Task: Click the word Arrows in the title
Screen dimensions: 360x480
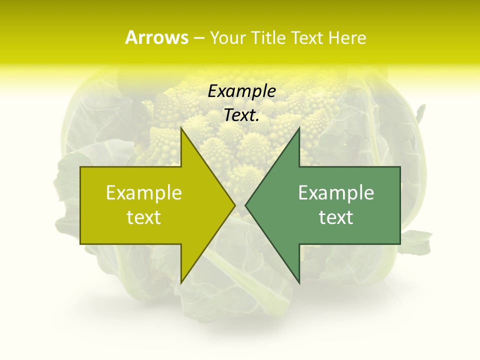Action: point(156,37)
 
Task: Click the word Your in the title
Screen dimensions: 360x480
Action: point(227,38)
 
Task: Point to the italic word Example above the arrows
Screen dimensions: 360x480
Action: point(241,91)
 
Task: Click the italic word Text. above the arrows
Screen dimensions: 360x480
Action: point(241,115)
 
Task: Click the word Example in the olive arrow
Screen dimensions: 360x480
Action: point(144,192)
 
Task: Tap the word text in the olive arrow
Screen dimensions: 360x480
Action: point(144,217)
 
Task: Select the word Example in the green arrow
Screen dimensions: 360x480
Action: point(336,192)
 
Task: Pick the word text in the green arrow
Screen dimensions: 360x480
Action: point(336,217)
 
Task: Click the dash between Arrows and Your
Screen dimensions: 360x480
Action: point(198,38)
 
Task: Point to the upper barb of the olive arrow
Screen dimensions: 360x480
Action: point(182,131)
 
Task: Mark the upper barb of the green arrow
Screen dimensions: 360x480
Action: point(298,131)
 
